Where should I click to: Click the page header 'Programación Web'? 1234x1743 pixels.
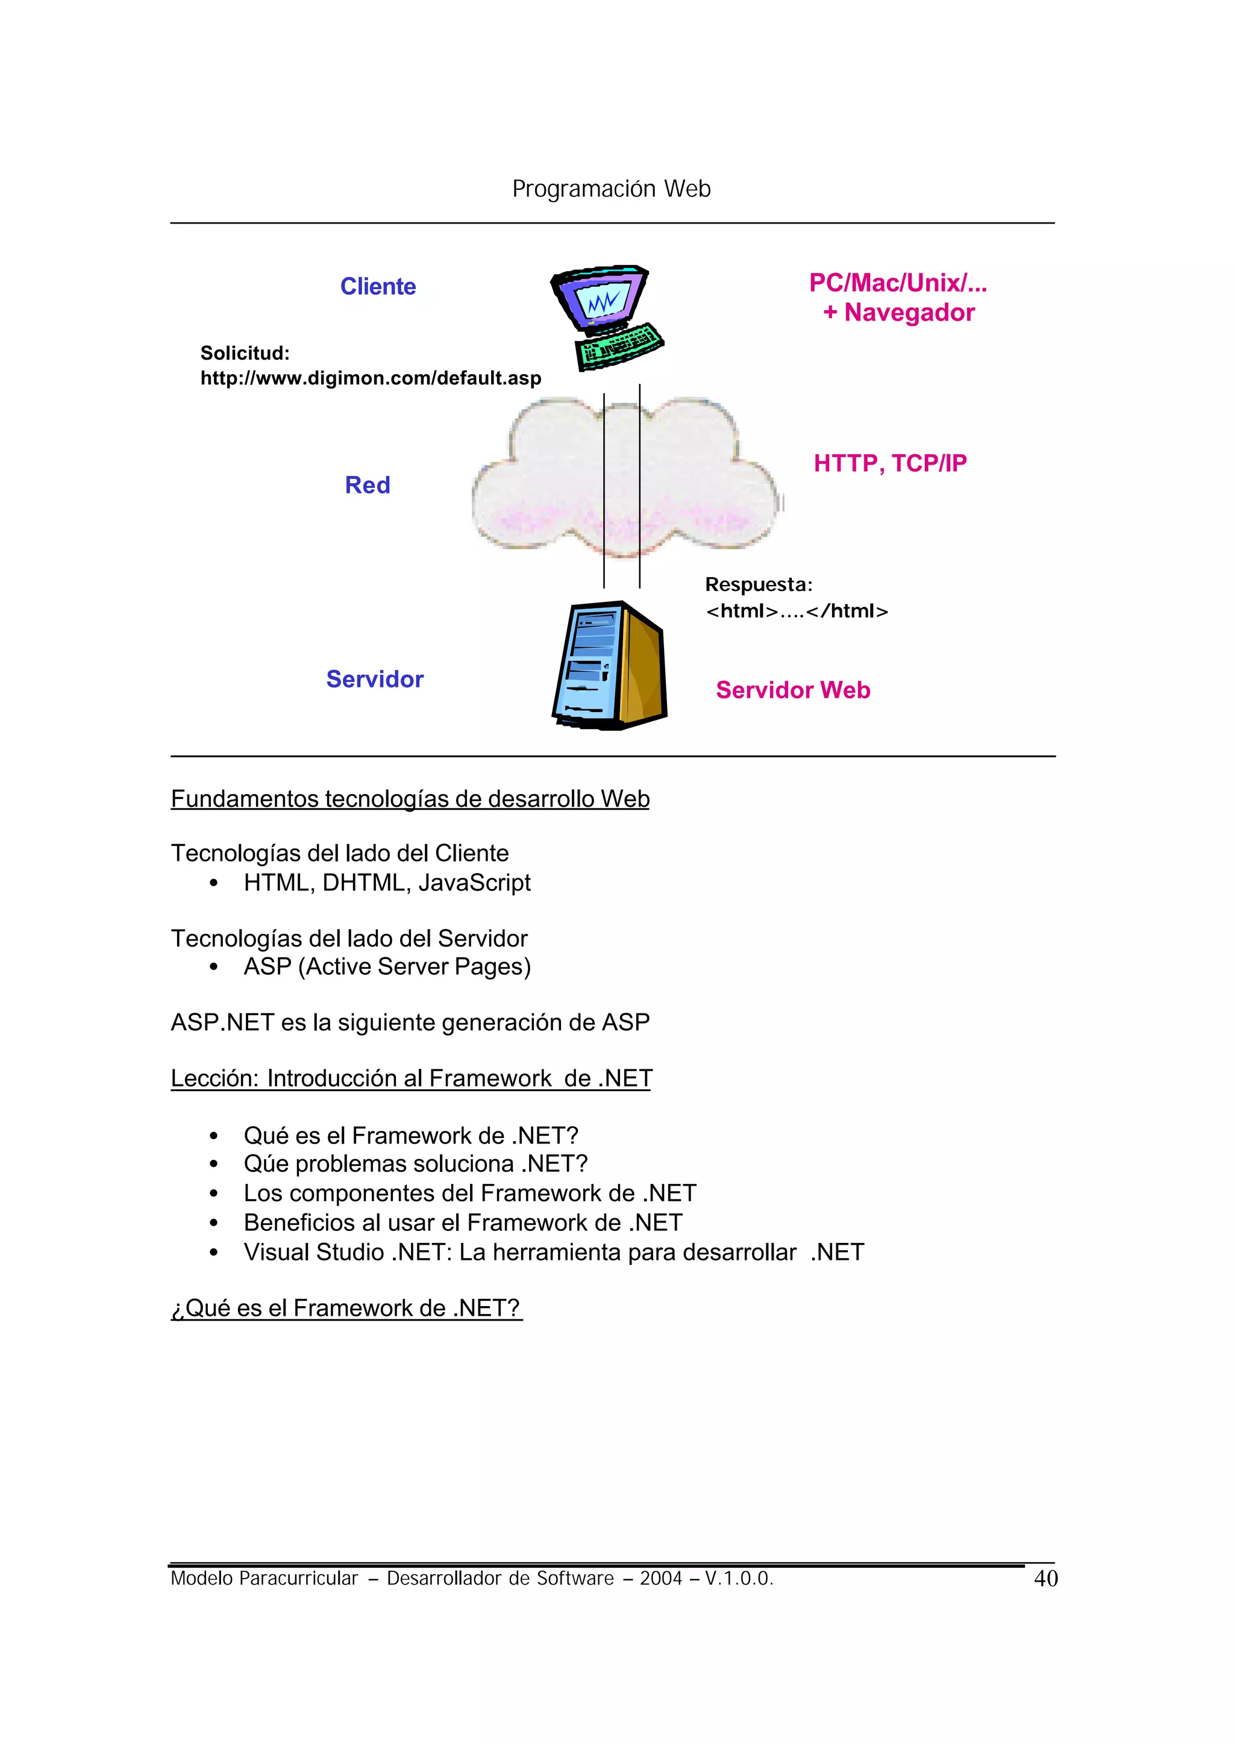coord(611,189)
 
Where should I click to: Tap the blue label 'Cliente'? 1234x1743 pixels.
coord(378,286)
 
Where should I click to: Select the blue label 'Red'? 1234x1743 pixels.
coord(367,485)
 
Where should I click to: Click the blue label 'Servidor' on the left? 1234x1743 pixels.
coord(375,678)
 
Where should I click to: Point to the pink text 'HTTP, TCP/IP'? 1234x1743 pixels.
coord(890,463)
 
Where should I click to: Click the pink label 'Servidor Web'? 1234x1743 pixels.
coord(792,689)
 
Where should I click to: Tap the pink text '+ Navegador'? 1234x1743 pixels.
coord(898,312)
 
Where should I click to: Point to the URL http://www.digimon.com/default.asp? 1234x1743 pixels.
coord(371,378)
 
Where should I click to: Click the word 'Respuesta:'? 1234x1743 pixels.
coord(759,584)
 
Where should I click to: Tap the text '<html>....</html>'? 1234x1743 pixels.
coord(797,611)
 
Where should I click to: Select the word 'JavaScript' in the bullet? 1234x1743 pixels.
coord(474,882)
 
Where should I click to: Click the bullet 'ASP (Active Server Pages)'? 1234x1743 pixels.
coord(387,966)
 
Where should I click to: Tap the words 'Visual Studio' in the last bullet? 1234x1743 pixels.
coord(314,1251)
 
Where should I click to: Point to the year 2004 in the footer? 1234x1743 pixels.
coord(660,1578)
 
